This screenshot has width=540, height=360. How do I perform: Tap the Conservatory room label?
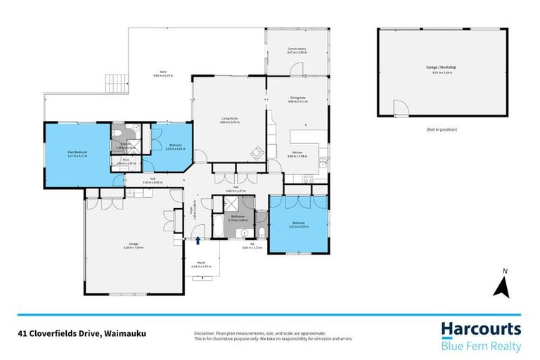[x=297, y=50]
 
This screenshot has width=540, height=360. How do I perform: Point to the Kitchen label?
[x=297, y=153]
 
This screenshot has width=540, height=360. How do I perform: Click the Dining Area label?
[x=297, y=99]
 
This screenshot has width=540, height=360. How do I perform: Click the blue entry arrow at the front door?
[x=198, y=240]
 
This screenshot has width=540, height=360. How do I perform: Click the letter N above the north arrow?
[x=503, y=271]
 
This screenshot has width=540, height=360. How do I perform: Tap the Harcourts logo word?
[x=481, y=329]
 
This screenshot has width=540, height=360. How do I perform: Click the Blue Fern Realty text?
[x=481, y=346]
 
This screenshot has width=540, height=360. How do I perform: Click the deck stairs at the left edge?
[x=115, y=84]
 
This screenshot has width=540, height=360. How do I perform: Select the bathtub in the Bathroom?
[x=217, y=227]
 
